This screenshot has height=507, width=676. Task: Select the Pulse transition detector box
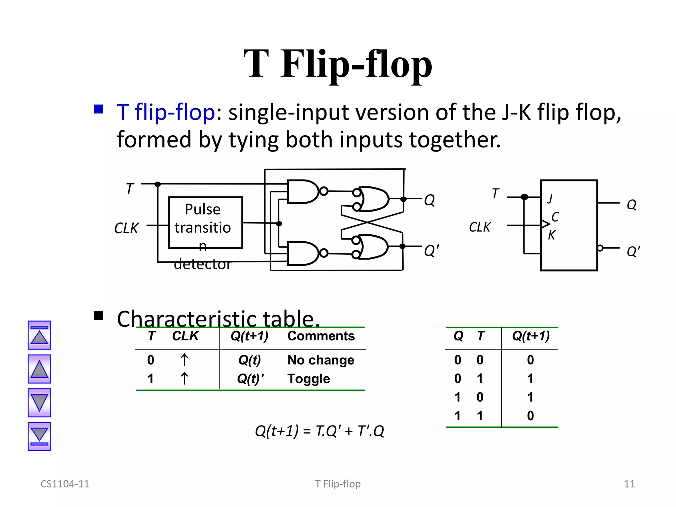click(x=205, y=222)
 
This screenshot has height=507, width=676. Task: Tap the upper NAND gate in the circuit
click(x=302, y=191)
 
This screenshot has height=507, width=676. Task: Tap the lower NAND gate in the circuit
click(x=302, y=253)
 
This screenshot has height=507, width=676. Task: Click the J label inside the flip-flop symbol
click(x=550, y=198)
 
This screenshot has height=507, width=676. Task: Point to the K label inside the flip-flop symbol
click(x=552, y=235)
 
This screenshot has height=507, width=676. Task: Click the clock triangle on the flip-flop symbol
click(x=545, y=224)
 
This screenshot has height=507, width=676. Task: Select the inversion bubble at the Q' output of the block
click(x=600, y=248)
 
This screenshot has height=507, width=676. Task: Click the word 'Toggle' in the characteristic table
click(x=309, y=379)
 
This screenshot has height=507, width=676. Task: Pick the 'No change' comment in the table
click(x=321, y=360)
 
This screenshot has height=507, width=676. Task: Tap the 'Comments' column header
click(x=321, y=336)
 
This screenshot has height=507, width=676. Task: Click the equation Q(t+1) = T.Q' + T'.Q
click(x=320, y=431)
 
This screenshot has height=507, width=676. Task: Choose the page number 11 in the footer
click(x=629, y=484)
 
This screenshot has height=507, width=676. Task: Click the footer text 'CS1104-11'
click(x=65, y=484)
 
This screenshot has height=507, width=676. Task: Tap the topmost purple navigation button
click(x=39, y=335)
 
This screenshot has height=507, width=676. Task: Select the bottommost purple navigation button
click(x=39, y=436)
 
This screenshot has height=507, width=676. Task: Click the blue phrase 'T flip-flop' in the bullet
click(x=166, y=112)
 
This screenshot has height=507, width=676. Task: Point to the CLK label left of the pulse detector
click(x=126, y=228)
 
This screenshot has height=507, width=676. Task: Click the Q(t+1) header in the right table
click(x=530, y=336)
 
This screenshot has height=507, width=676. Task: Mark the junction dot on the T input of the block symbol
click(x=524, y=197)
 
